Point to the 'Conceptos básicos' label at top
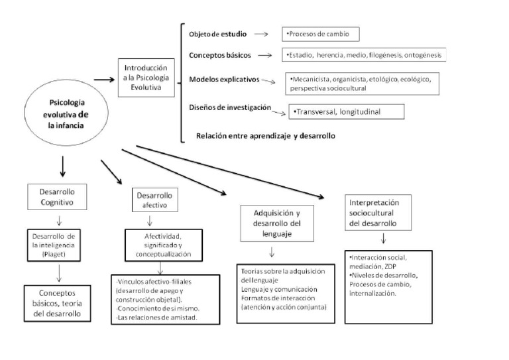pyautogui.click(x=219, y=56)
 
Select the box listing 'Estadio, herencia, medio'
pyautogui.click(x=364, y=55)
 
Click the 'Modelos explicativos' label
pyautogui.click(x=224, y=79)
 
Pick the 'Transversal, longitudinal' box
pyautogui.click(x=346, y=111)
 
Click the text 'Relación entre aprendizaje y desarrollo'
pyautogui.click(x=265, y=136)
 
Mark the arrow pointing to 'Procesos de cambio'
pyautogui.click(x=260, y=34)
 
